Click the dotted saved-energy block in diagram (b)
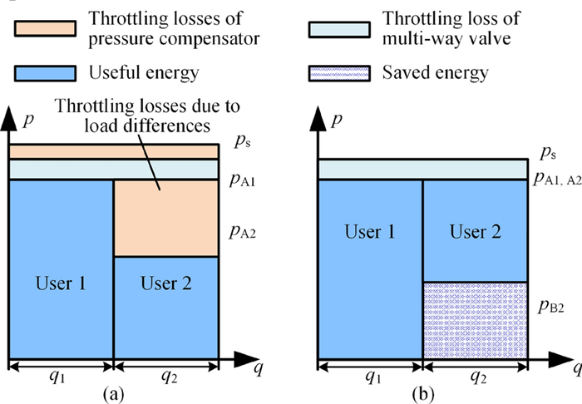pyautogui.click(x=475, y=321)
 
